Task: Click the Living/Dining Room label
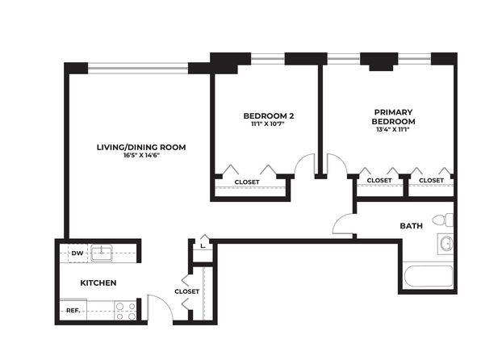[x=141, y=148]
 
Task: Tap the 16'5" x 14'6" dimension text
[x=141, y=155]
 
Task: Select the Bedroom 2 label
[x=269, y=116]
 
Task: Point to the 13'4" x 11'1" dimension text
[x=393, y=129]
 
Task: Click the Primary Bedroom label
[x=393, y=116]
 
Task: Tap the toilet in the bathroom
[x=442, y=220]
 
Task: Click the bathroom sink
[x=446, y=244]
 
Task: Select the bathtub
[x=429, y=277]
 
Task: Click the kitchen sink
[x=102, y=253]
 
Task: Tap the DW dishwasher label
[x=77, y=253]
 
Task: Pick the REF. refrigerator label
[x=73, y=311]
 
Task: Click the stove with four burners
[x=125, y=311]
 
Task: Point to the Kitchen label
[x=98, y=283]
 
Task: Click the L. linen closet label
[x=203, y=246]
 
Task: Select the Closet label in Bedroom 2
[x=247, y=182]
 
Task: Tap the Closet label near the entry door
[x=186, y=291]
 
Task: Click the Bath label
[x=411, y=226]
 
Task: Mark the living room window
[x=138, y=68]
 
